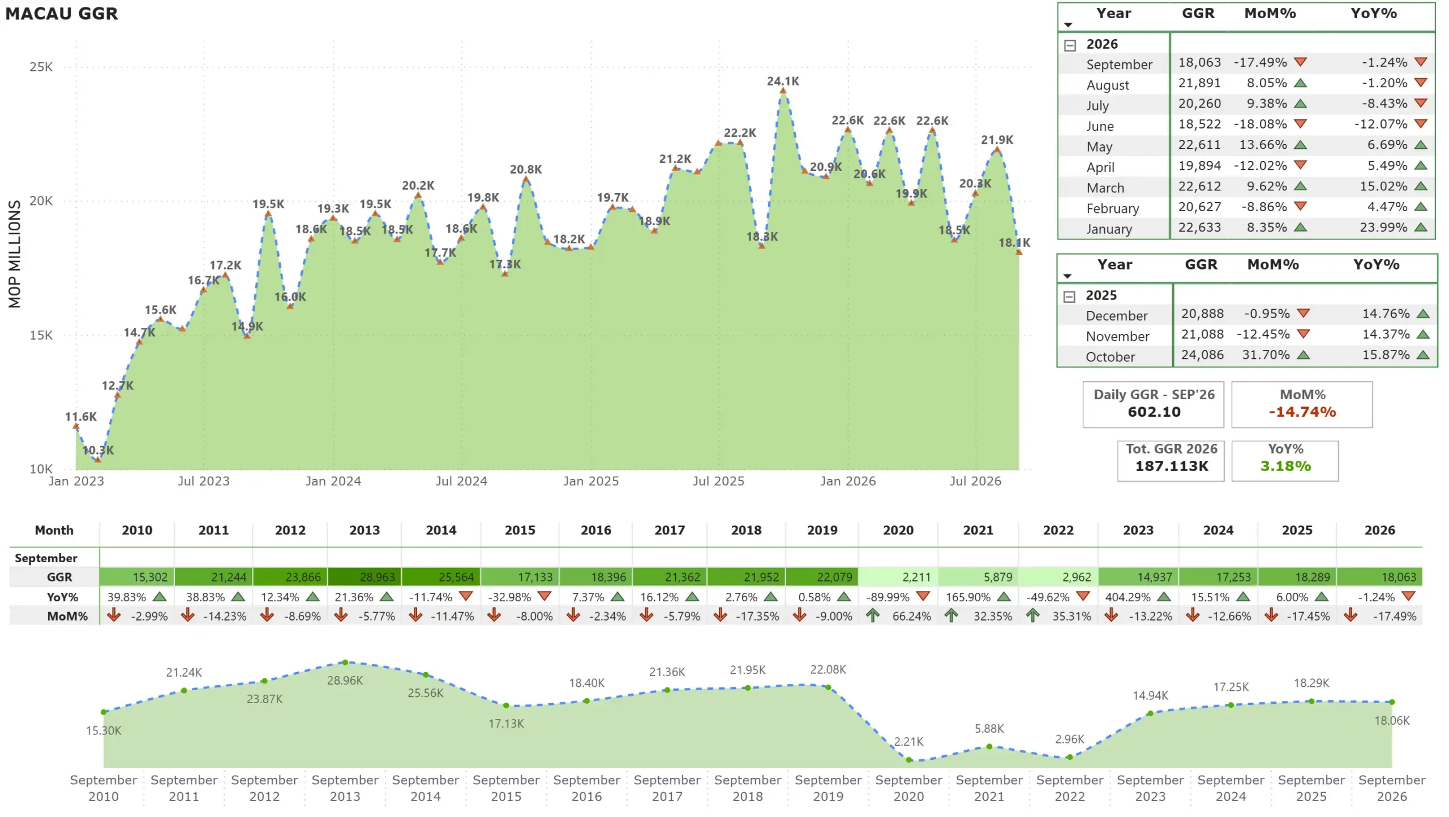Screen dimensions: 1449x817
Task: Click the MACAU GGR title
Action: [x=62, y=14]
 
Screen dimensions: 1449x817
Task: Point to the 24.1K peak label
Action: [x=783, y=82]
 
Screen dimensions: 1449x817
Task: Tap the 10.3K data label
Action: [x=98, y=451]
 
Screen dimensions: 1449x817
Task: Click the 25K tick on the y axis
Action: [x=41, y=67]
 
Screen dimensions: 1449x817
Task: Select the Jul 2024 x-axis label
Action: [x=461, y=481]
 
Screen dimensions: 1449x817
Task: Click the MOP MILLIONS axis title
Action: [x=15, y=254]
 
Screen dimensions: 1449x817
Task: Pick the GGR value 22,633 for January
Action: [x=1199, y=228]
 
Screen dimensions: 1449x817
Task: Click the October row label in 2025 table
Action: [x=1110, y=357]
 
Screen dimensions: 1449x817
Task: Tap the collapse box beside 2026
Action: [x=1070, y=45]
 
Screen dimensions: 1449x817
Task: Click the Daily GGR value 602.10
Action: [x=1154, y=412]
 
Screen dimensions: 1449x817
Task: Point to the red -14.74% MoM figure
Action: [x=1302, y=412]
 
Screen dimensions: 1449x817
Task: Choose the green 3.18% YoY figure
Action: [x=1285, y=467]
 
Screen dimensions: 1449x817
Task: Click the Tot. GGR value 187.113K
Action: [x=1172, y=467]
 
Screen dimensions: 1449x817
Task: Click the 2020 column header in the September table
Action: [x=898, y=531]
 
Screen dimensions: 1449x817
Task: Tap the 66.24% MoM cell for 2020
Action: [x=911, y=617]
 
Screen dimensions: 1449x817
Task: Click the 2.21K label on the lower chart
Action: [x=908, y=742]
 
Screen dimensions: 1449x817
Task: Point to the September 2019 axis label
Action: [x=828, y=789]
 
